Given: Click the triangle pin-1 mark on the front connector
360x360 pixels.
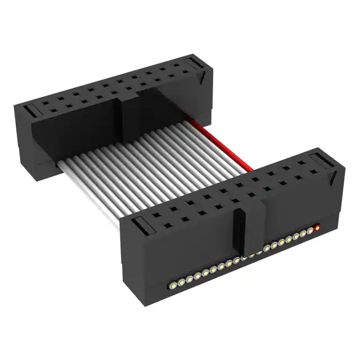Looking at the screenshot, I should click(x=334, y=178).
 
